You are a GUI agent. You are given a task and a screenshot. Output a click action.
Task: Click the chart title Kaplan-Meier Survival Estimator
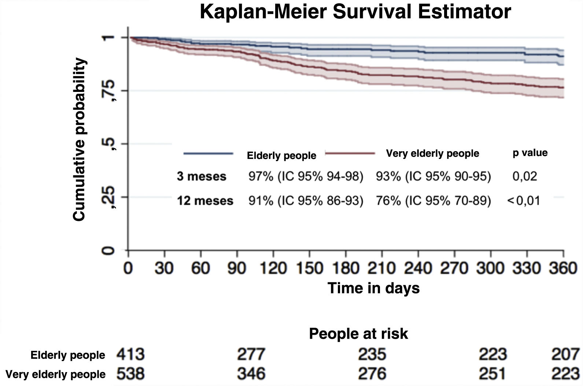click(x=355, y=12)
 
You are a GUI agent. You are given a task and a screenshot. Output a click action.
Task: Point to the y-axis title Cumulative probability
click(x=79, y=139)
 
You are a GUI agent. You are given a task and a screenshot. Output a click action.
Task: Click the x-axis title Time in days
click(x=373, y=288)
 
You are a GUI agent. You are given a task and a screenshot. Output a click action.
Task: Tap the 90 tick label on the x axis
click(x=236, y=268)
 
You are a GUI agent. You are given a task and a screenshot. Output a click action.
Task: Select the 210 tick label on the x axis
click(x=381, y=268)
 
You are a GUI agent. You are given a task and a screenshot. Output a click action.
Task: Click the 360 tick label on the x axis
click(x=563, y=268)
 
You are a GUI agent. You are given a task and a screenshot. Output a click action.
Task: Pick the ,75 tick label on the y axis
click(x=109, y=90)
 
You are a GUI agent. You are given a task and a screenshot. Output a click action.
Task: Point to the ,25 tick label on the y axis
click(x=109, y=197)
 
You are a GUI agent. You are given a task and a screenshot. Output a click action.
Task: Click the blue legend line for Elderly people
click(x=208, y=153)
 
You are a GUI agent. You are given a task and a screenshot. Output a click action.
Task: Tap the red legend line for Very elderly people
click(x=350, y=153)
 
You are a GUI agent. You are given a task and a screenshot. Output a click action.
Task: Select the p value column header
click(x=530, y=153)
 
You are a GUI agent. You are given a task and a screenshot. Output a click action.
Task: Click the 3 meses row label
click(x=202, y=176)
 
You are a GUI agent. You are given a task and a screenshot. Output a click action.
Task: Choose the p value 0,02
click(x=525, y=176)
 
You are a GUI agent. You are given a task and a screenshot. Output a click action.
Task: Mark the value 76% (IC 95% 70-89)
click(x=433, y=201)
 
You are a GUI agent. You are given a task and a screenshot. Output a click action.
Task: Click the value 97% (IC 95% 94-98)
click(x=306, y=176)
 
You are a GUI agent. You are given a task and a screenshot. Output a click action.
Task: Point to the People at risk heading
click(x=358, y=334)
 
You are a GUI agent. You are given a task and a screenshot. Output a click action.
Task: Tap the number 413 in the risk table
click(x=130, y=355)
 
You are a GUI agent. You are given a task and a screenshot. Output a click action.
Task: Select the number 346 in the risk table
click(x=251, y=374)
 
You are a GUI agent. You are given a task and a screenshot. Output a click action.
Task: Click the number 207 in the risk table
click(x=565, y=355)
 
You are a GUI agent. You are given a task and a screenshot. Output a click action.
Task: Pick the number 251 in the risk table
click(x=493, y=374)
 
